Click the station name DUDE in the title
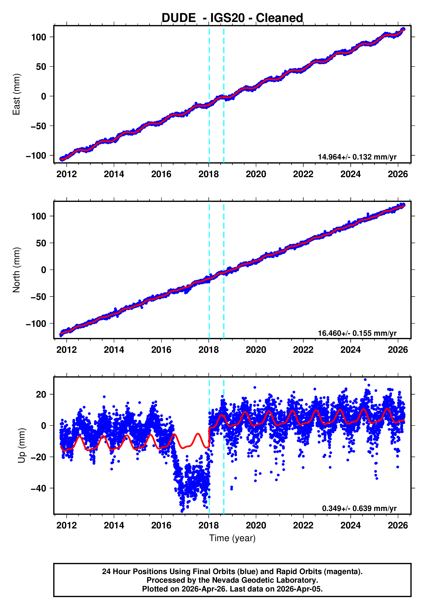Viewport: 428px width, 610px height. [178, 18]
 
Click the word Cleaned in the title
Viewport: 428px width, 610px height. [279, 18]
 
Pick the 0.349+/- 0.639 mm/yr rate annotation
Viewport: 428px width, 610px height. [359, 508]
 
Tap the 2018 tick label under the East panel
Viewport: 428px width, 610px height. [209, 174]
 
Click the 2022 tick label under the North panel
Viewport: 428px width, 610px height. [303, 350]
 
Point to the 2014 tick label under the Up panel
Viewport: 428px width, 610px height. [114, 525]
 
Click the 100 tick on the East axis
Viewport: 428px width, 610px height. [39, 37]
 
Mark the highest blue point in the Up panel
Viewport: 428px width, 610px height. [365, 380]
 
